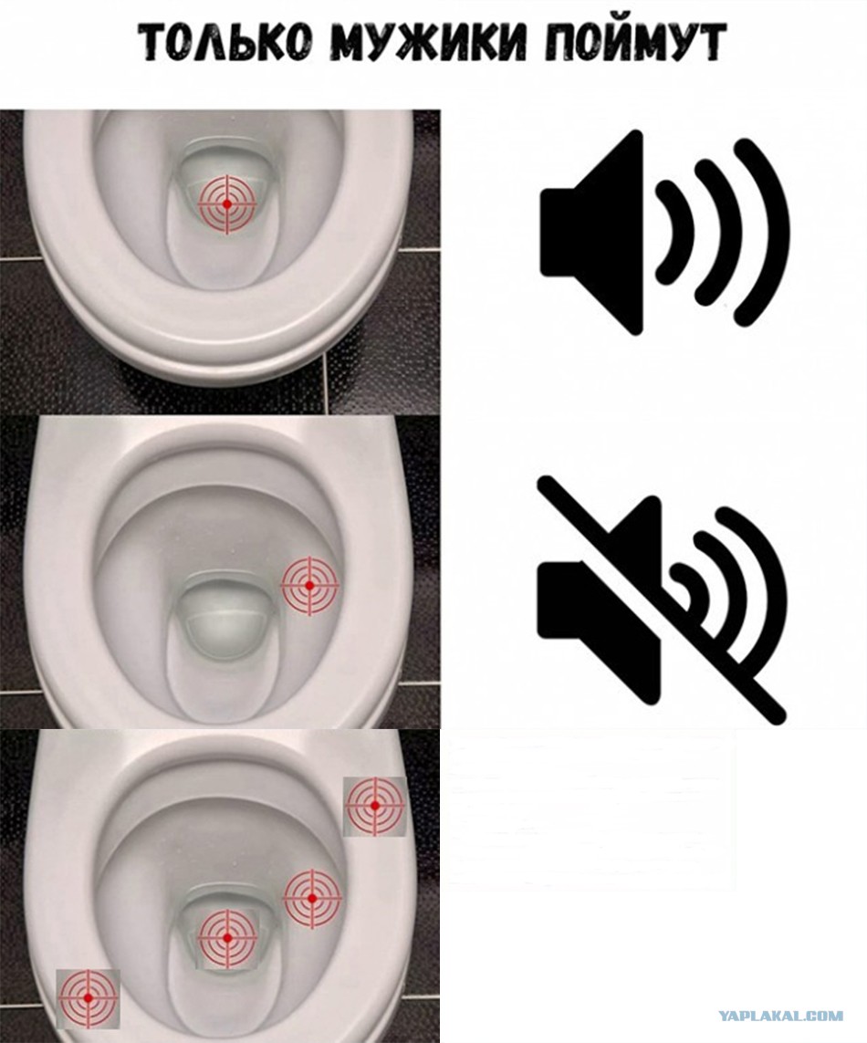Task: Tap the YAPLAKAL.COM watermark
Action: (780, 1016)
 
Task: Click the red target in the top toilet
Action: (227, 204)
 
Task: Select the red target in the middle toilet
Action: (309, 585)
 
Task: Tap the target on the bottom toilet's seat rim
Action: (374, 806)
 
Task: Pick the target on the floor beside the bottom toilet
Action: (88, 997)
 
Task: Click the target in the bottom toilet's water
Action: (227, 938)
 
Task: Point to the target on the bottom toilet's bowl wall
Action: (312, 899)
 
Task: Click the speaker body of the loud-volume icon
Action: (592, 232)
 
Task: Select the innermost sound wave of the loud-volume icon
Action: (677, 232)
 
